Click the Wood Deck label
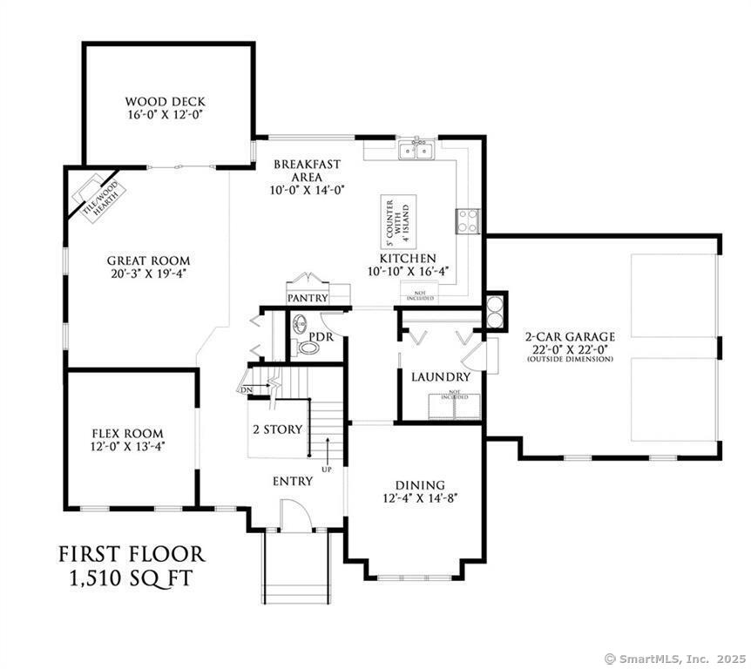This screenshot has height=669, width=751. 165,101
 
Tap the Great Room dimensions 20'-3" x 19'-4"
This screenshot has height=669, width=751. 148,274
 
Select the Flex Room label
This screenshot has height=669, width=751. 128,433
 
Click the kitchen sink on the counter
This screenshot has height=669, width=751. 416,152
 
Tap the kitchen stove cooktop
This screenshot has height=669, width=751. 468,221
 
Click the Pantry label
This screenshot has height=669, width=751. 307,298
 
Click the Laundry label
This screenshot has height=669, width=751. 441,377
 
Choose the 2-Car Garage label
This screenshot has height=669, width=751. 570,336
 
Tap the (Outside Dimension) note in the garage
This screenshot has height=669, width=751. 570,359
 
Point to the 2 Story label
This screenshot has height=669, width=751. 277,429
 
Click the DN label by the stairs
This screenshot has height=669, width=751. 247,389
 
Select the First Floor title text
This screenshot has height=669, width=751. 132,555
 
